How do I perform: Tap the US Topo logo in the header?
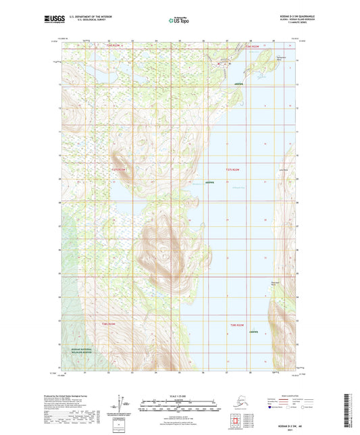pos(179,21)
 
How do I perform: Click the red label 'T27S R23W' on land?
pos(118,169)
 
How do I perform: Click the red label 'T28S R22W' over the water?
pos(234,325)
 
